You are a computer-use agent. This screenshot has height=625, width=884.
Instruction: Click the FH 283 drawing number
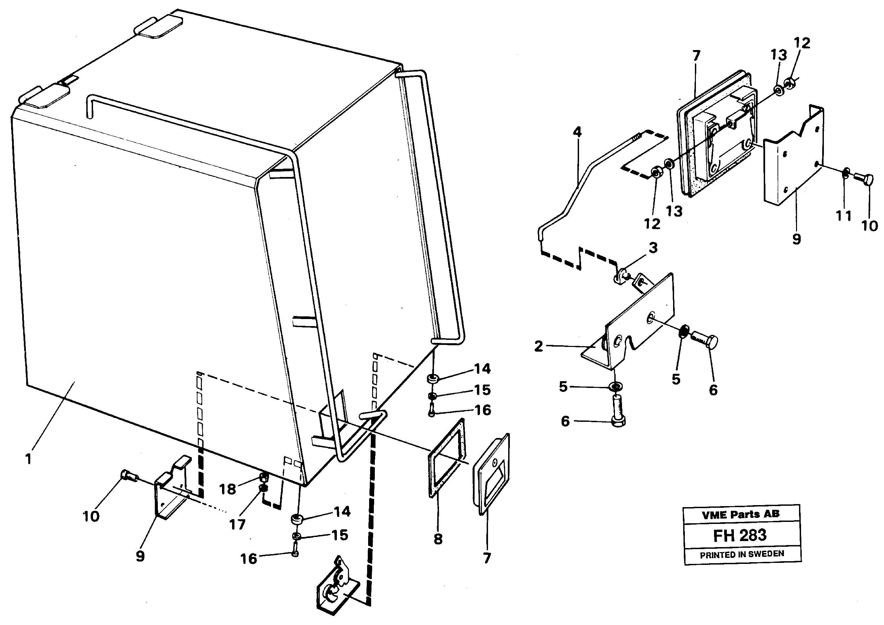click(x=740, y=536)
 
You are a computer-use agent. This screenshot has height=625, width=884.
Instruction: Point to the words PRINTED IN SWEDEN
click(x=742, y=554)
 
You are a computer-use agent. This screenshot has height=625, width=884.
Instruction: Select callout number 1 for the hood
click(x=28, y=459)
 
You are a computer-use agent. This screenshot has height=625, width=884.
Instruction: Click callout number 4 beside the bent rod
click(x=577, y=132)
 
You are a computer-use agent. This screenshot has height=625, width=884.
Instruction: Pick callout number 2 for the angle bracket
click(x=539, y=346)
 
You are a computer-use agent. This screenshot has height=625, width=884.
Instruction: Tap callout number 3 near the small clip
click(x=653, y=248)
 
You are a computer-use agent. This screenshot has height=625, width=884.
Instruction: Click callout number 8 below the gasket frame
click(x=438, y=539)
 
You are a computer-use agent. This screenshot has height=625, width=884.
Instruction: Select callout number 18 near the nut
click(x=227, y=489)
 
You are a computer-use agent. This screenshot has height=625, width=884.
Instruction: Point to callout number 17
click(x=237, y=524)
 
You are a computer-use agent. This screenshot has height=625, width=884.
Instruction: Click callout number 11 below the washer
click(x=843, y=216)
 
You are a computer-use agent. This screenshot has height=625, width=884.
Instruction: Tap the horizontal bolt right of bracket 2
click(x=705, y=340)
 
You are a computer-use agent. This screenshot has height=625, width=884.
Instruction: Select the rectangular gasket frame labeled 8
click(x=447, y=458)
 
